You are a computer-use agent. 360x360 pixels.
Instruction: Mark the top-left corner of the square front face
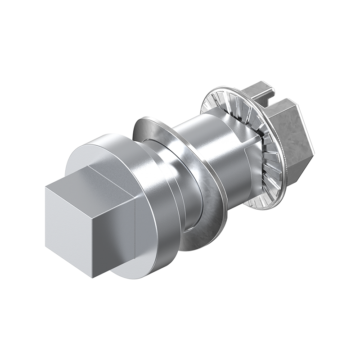pos(45,187)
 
